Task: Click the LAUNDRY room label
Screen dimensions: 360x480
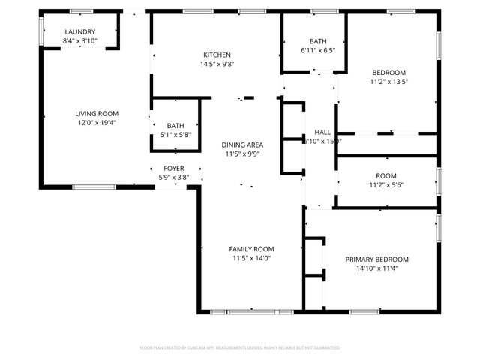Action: (x=80, y=31)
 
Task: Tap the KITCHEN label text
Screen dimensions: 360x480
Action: (x=217, y=55)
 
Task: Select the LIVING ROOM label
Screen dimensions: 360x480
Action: (x=97, y=114)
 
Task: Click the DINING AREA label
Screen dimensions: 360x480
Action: (x=241, y=145)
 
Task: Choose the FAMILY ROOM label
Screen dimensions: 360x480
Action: (x=251, y=249)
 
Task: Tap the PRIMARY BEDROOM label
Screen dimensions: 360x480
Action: (x=376, y=259)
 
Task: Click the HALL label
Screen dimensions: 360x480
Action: (x=322, y=131)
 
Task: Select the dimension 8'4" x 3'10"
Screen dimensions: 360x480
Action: (x=80, y=41)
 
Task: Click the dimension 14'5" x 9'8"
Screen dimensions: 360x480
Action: (x=217, y=64)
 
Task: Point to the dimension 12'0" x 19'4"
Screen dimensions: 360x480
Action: (x=97, y=123)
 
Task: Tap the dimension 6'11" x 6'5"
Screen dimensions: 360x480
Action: (x=317, y=51)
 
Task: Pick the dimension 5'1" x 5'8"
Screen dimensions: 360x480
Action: (x=175, y=135)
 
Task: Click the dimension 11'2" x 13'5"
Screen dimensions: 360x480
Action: (x=389, y=82)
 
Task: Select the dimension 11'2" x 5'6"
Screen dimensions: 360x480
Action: (x=385, y=185)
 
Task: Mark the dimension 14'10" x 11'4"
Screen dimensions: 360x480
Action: (x=376, y=268)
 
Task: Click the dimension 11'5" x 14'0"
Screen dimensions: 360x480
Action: (x=251, y=258)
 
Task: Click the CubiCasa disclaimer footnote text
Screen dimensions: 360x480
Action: (x=240, y=348)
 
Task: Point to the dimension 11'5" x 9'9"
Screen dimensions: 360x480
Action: (x=241, y=154)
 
